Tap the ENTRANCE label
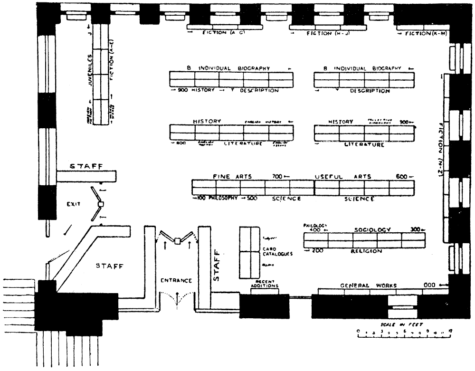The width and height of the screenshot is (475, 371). pyautogui.click(x=176, y=281)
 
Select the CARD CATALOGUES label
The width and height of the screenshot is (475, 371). pyautogui.click(x=277, y=251)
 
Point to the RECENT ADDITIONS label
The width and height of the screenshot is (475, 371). pyautogui.click(x=265, y=284)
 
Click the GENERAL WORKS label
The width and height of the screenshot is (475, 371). pyautogui.click(x=368, y=285)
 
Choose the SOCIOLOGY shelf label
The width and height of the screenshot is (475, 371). pyautogui.click(x=372, y=229)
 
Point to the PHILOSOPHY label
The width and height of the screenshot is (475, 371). pyautogui.click(x=219, y=199)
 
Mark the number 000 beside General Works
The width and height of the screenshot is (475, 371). pyautogui.click(x=430, y=285)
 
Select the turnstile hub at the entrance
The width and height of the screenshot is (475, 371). pyautogui.click(x=177, y=241)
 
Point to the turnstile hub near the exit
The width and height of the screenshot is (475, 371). pyautogui.click(x=100, y=204)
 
